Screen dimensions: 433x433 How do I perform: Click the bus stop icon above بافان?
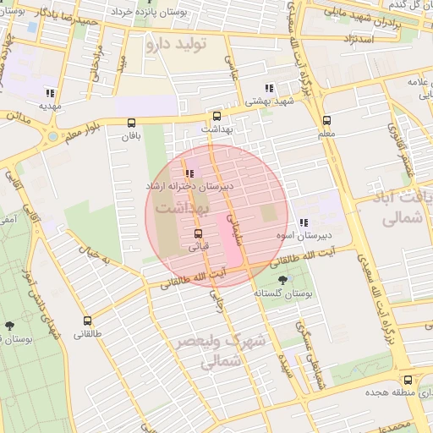(130, 123)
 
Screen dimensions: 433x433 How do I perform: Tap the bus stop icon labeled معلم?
(327, 119)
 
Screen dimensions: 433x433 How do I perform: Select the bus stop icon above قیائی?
(198, 233)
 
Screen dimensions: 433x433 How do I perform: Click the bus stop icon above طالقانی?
(88, 321)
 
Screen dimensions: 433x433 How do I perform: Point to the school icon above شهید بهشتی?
(269, 88)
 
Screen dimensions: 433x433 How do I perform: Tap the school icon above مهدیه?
(50, 93)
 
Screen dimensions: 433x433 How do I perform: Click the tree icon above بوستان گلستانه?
(282, 280)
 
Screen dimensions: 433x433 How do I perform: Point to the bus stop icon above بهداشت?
(217, 116)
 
